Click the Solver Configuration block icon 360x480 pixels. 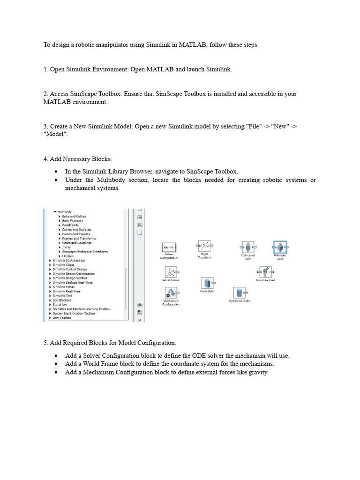168,247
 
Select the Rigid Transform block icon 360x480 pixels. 204,246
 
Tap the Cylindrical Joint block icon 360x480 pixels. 247,247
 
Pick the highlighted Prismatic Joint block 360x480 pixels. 280,247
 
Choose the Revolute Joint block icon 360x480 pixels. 265,272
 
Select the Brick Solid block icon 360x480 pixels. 207,283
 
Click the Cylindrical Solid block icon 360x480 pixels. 239,293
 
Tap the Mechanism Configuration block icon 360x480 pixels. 171,293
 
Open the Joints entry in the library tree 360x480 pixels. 67,247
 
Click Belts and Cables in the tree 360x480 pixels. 74,217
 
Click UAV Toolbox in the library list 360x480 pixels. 62,318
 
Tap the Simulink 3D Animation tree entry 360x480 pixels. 69,260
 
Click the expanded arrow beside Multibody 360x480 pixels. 55,212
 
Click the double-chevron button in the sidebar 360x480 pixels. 140,320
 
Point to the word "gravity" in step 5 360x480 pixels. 258,372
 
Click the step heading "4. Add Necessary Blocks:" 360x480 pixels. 78,159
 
